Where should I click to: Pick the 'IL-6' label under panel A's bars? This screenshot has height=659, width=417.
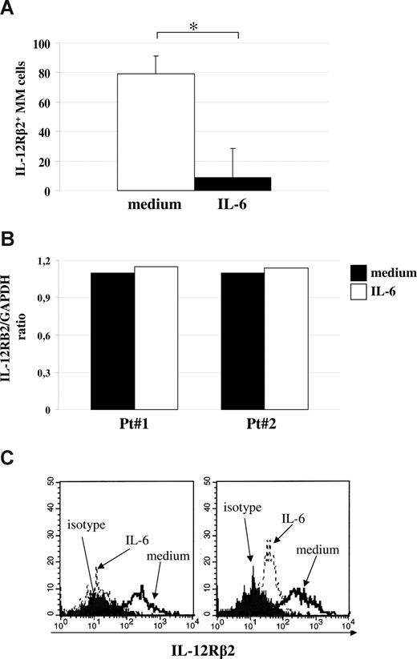tap(233, 205)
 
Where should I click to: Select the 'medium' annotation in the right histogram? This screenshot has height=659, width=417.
tap(316, 550)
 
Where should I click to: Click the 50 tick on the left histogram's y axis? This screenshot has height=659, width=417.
tap(53, 481)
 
